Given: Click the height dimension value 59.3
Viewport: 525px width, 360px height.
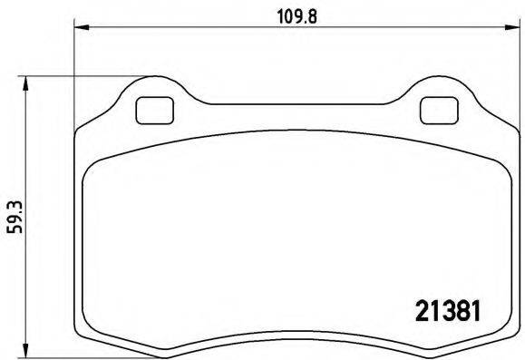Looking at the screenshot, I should [12, 219].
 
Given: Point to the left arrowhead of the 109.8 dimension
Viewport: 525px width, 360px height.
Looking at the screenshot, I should [79, 29].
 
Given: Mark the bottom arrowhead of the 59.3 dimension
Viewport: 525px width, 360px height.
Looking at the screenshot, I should [27, 346].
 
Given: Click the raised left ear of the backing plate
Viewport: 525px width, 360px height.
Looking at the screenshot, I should [153, 91].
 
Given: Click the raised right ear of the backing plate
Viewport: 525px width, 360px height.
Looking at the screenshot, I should [440, 91].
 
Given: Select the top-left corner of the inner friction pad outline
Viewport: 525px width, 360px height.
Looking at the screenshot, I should [88, 172].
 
